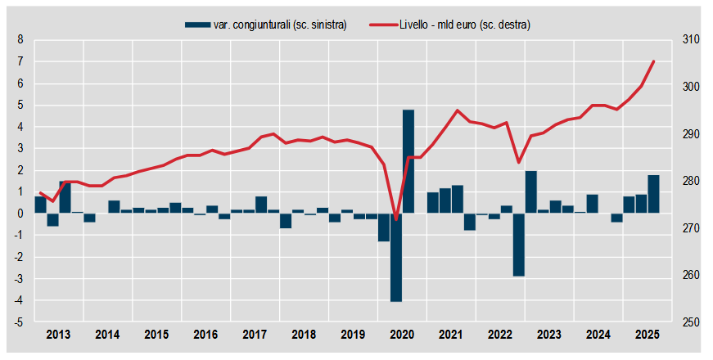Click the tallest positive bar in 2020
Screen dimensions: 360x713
[408, 161]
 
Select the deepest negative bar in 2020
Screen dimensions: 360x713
[396, 257]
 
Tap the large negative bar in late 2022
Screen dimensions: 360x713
[518, 244]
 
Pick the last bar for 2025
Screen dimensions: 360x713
[653, 194]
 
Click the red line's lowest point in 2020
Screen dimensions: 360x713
[396, 218]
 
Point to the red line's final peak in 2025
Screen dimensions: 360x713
[653, 61]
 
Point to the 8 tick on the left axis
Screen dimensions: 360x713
[20, 40]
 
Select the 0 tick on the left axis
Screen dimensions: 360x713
[20, 214]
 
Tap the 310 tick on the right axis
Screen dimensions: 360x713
[689, 40]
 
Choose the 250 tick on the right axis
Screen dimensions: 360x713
[689, 322]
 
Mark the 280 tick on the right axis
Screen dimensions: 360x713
[689, 182]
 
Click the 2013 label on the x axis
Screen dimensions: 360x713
[58, 335]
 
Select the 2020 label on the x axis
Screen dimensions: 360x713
[402, 335]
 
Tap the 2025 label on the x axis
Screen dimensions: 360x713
[647, 335]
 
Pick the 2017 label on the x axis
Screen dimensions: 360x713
[255, 335]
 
